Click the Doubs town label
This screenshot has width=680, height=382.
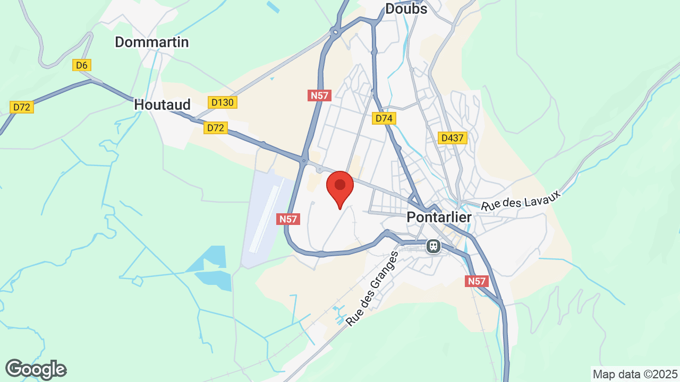[x=406, y=8]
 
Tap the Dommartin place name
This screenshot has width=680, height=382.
[x=152, y=42]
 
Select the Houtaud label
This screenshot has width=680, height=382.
[x=162, y=105]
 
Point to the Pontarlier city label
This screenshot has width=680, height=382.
[x=439, y=217]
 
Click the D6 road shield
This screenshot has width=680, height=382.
[x=82, y=65]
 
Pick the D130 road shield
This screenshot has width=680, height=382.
[x=222, y=102]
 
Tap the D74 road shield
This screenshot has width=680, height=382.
[x=384, y=118]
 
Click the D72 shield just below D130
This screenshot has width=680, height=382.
[x=216, y=128]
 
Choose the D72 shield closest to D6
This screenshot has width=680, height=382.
[x=22, y=107]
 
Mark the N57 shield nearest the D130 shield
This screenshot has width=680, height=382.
[x=319, y=95]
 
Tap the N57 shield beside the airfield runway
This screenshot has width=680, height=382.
[x=288, y=219]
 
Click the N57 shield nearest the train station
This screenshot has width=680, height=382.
[x=477, y=281]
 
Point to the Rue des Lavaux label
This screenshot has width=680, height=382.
[x=521, y=203]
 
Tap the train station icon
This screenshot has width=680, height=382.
[x=433, y=246]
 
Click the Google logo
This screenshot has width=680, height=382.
[x=36, y=369]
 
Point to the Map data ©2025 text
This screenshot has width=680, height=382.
[x=635, y=374]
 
